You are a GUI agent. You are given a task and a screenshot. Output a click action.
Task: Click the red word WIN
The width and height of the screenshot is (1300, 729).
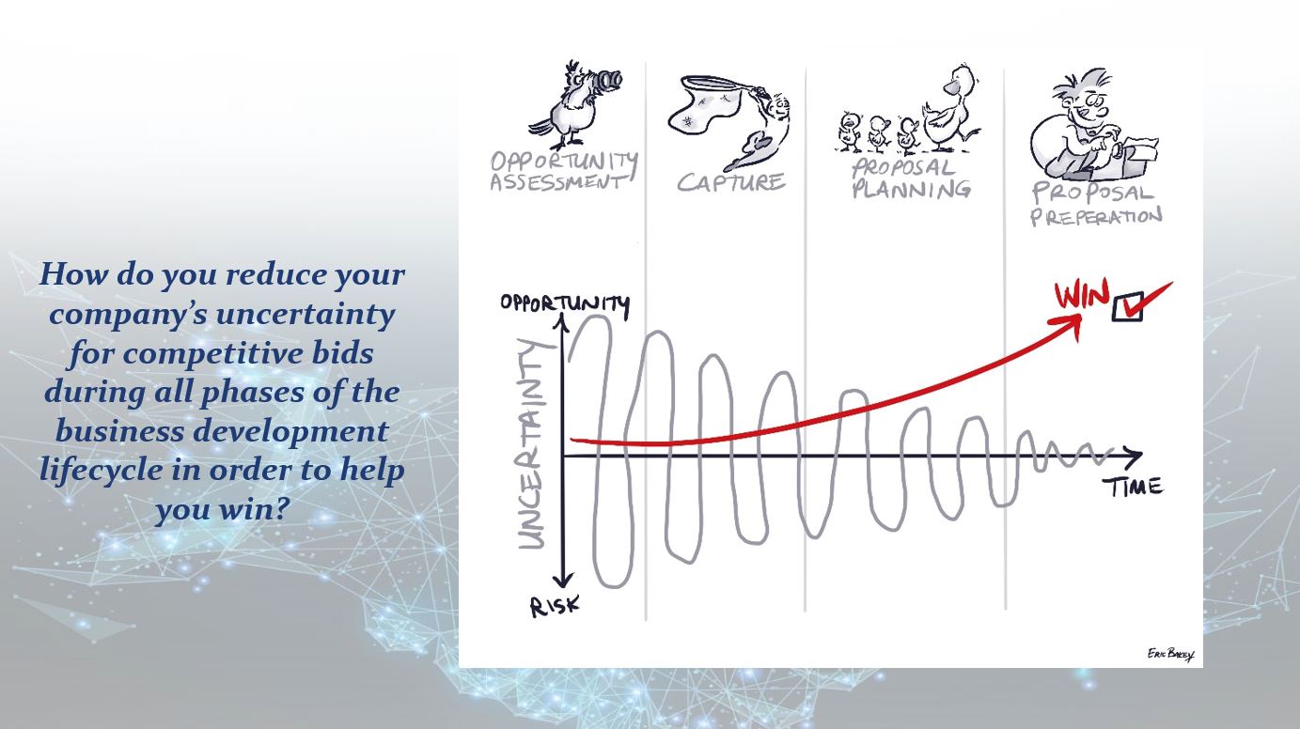point(1082,295)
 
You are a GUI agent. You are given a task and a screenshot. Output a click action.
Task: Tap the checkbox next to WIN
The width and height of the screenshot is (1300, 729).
point(1128,305)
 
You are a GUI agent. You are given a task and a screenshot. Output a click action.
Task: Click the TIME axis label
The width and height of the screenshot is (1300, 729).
point(1134,488)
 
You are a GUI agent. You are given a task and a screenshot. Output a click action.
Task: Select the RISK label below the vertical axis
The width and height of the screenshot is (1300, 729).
point(555,607)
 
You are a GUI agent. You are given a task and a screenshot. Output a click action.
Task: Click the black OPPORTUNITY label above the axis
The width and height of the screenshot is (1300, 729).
point(565,303)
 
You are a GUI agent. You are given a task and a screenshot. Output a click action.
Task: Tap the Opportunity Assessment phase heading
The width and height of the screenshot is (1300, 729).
point(564,172)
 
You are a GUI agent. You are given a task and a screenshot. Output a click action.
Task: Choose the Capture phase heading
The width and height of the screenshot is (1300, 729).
point(730,182)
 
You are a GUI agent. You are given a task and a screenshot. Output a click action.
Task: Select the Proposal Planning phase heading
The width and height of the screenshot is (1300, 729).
point(910,178)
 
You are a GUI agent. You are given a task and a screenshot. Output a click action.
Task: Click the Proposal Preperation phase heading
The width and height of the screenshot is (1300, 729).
point(1096,204)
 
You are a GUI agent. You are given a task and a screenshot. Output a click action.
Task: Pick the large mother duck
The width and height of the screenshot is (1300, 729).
point(948,110)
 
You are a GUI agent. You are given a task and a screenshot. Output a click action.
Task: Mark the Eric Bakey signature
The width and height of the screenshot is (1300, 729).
point(1170,654)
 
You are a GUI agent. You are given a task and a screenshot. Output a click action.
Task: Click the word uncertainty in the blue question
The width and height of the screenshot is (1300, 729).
point(305,315)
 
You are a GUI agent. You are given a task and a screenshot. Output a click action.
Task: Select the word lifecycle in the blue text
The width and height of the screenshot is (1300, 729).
point(102,470)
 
